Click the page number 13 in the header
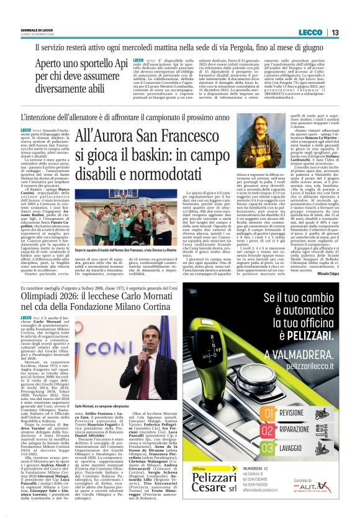[334, 32]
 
